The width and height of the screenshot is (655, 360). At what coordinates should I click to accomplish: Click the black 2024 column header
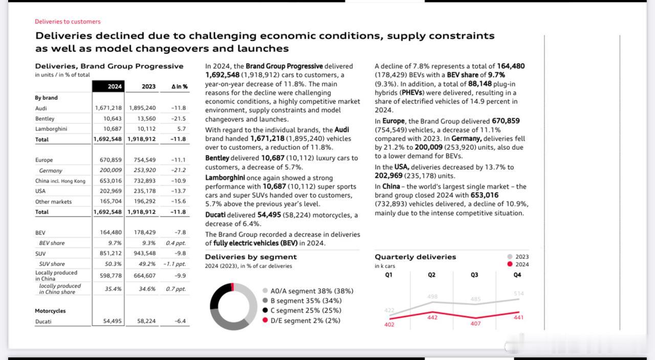tap(108, 87)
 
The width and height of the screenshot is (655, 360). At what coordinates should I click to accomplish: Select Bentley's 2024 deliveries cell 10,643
tap(112, 118)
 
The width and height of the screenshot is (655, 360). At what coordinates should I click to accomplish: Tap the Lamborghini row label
tap(51, 129)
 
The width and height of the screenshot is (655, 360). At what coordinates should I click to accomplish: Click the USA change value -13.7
tap(179, 191)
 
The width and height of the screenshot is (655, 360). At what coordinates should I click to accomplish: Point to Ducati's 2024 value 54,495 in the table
tap(112, 321)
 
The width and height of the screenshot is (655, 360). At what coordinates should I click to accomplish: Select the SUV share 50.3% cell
tap(113, 264)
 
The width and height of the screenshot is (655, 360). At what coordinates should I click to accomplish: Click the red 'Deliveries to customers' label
tap(68, 22)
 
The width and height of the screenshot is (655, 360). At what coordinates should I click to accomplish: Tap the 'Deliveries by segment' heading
tap(251, 257)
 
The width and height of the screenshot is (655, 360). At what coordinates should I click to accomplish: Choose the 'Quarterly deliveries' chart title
tap(415, 257)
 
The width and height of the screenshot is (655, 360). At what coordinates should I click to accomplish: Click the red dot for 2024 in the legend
tap(510, 264)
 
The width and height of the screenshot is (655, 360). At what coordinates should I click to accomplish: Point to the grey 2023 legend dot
tap(510, 257)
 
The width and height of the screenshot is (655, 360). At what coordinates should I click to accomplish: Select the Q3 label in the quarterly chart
tap(474, 275)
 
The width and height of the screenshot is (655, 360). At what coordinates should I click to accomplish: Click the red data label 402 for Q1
tap(389, 325)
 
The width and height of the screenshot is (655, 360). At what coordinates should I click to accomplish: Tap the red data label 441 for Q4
tap(518, 317)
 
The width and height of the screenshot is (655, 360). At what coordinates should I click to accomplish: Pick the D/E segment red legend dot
tap(265, 320)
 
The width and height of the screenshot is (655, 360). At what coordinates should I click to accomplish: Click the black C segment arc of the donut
tap(218, 293)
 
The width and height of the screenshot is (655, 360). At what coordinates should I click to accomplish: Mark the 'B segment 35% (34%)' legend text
tap(306, 301)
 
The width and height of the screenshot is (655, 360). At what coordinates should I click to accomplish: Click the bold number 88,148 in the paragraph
tap(480, 83)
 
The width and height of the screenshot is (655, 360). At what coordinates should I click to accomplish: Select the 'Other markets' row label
tap(53, 202)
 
